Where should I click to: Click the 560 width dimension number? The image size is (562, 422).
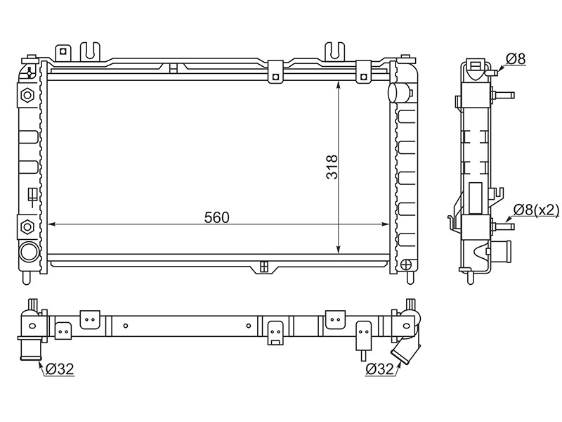(x=216, y=217)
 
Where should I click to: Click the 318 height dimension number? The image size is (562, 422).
(x=332, y=168)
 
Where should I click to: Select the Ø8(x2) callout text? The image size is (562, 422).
(x=535, y=209)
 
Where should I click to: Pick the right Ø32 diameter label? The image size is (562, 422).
(x=379, y=367)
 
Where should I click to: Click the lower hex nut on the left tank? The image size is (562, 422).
(x=28, y=226)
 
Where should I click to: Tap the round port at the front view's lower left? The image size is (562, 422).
(x=30, y=251)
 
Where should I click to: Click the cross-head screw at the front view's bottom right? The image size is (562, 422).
(x=405, y=265)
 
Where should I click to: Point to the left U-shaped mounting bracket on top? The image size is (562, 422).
(x=90, y=50)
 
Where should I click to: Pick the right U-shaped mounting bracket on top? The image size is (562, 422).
(x=335, y=50)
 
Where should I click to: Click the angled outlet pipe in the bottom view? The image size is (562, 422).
(x=407, y=350)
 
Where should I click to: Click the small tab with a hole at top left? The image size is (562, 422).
(x=63, y=51)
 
